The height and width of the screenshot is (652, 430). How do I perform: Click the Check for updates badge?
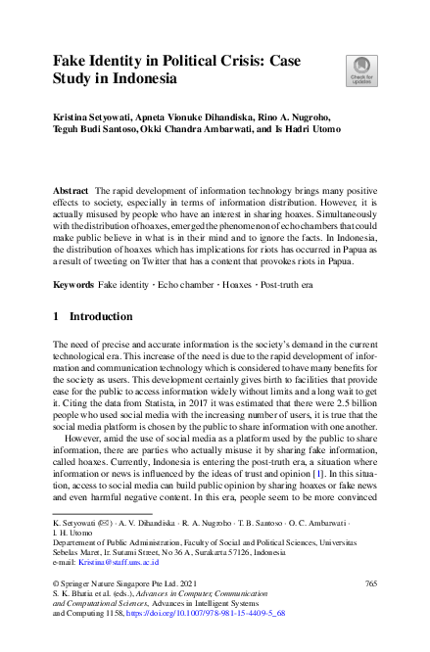(359, 70)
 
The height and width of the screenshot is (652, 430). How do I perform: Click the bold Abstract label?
(72, 186)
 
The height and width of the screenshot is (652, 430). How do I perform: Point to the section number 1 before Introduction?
(56, 317)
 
